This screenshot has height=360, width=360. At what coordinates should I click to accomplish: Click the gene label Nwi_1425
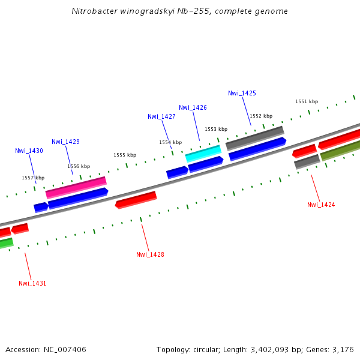click(x=242, y=93)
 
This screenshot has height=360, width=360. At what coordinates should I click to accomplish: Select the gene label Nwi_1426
click(x=193, y=107)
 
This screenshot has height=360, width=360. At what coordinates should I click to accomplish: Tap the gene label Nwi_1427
click(x=161, y=116)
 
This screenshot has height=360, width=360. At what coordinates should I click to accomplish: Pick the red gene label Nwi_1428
click(x=150, y=254)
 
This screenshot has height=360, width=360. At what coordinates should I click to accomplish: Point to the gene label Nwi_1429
click(x=65, y=142)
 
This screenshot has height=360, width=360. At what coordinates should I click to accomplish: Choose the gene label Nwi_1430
click(x=29, y=151)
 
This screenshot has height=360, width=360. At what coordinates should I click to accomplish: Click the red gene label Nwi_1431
click(x=32, y=283)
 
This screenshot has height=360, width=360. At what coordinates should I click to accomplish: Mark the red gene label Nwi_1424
click(x=321, y=205)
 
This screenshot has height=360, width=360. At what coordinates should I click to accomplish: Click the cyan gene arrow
click(x=203, y=153)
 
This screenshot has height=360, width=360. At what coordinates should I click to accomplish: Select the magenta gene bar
click(x=76, y=187)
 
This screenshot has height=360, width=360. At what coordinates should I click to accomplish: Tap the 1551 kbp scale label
click(x=307, y=101)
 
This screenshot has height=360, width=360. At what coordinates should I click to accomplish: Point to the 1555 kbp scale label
click(x=125, y=155)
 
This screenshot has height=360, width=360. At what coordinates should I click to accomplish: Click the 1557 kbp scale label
click(x=33, y=178)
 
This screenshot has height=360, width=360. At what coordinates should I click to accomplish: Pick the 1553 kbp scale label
click(x=216, y=129)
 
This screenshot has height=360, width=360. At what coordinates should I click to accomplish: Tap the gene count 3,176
click(x=343, y=349)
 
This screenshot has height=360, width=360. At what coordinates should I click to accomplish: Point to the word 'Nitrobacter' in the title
click(x=92, y=11)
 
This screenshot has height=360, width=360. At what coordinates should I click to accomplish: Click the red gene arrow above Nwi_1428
click(x=136, y=199)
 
